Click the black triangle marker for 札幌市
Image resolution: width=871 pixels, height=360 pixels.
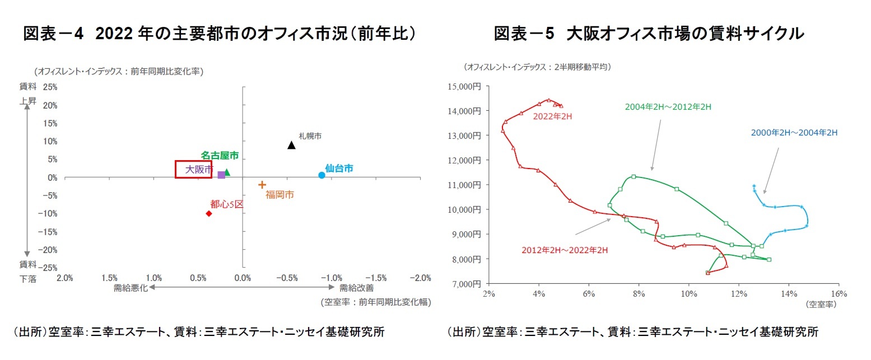(291, 145)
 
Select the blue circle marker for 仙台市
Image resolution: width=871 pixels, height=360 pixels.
(322, 175)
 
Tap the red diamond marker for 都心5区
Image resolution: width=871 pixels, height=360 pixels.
(209, 213)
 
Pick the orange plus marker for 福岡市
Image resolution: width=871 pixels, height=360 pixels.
(262, 184)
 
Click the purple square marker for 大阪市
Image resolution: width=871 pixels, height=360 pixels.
(221, 175)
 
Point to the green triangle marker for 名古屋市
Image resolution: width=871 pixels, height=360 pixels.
(227, 172)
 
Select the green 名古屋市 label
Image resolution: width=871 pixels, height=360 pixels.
(220, 155)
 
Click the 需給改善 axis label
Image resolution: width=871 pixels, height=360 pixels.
(356, 288)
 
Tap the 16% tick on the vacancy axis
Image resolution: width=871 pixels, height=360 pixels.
(839, 294)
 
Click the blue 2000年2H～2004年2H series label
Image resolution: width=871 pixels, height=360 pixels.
(794, 133)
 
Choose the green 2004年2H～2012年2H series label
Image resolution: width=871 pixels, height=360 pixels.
(668, 106)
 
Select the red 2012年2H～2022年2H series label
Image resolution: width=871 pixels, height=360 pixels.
(565, 250)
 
